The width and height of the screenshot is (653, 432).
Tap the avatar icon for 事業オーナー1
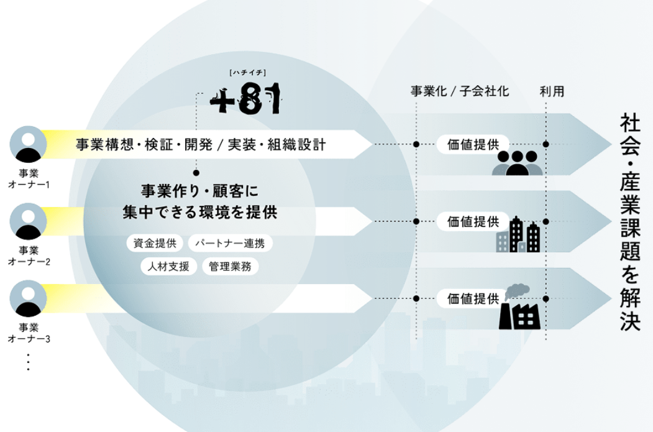click(x=28, y=144)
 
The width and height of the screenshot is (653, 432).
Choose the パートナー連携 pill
click(x=229, y=243)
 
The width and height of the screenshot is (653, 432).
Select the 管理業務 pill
click(x=230, y=267)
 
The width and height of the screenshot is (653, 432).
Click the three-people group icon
click(x=517, y=163)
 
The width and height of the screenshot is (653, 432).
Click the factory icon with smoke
click(x=520, y=308)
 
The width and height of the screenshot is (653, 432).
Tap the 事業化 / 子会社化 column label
click(x=460, y=91)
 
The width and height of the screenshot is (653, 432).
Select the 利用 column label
click(x=552, y=91)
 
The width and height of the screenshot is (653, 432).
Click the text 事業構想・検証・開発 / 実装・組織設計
click(x=201, y=145)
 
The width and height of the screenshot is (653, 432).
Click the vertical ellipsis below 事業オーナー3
click(x=28, y=362)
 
